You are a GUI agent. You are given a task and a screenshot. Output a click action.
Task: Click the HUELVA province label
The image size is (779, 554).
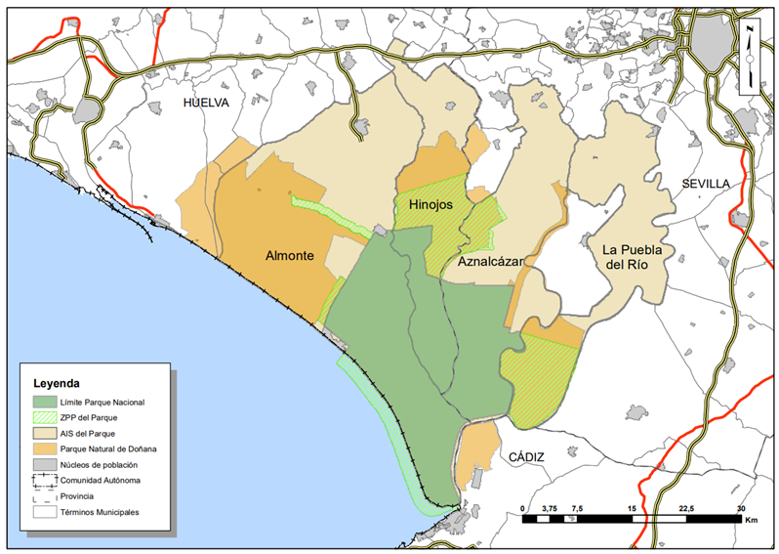pyautogui.click(x=205, y=102)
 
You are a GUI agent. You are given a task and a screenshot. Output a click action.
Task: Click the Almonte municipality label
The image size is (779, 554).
pyautogui.click(x=289, y=256)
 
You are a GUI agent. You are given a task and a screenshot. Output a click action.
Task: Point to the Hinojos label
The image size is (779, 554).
pyautogui.click(x=434, y=205)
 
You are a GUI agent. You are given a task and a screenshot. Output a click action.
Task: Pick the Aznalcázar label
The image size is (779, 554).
pyautogui.click(x=489, y=262)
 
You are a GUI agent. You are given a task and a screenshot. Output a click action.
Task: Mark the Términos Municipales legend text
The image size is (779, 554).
pyautogui.click(x=100, y=512)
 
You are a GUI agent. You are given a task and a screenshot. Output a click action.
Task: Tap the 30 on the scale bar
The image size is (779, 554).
pyautogui.click(x=742, y=509)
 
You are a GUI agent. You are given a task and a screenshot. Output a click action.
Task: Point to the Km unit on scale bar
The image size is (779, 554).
pyautogui.click(x=751, y=522)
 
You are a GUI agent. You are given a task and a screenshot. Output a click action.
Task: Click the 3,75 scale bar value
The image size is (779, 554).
pyautogui.click(x=549, y=509)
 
